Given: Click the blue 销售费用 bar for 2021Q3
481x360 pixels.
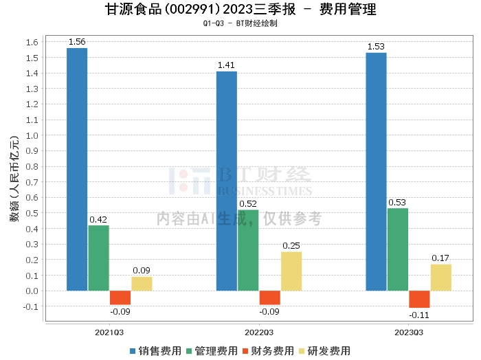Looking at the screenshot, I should tap(77, 169).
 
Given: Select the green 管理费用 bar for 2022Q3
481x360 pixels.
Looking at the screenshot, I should tap(248, 250).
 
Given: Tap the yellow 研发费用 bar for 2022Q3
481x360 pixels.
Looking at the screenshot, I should tap(291, 271).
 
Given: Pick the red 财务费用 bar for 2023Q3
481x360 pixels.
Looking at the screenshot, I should tap(419, 299).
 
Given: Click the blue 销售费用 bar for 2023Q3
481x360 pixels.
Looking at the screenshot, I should tap(376, 171).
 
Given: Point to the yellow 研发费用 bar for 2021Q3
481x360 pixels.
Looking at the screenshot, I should tap(142, 283).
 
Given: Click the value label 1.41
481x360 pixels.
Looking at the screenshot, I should tap(227, 65).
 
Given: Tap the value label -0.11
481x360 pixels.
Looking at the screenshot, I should tap(419, 315).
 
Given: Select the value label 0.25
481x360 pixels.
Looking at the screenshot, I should tap(291, 245).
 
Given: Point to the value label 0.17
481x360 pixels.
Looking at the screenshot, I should tap(440, 258).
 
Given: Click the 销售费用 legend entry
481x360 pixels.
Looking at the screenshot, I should tap(156, 351).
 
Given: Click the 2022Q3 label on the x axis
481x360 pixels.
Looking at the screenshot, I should tap(258, 332).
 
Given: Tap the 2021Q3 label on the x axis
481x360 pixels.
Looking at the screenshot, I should tap(109, 332).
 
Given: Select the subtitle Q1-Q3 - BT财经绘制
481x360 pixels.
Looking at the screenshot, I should tap(240, 23).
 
